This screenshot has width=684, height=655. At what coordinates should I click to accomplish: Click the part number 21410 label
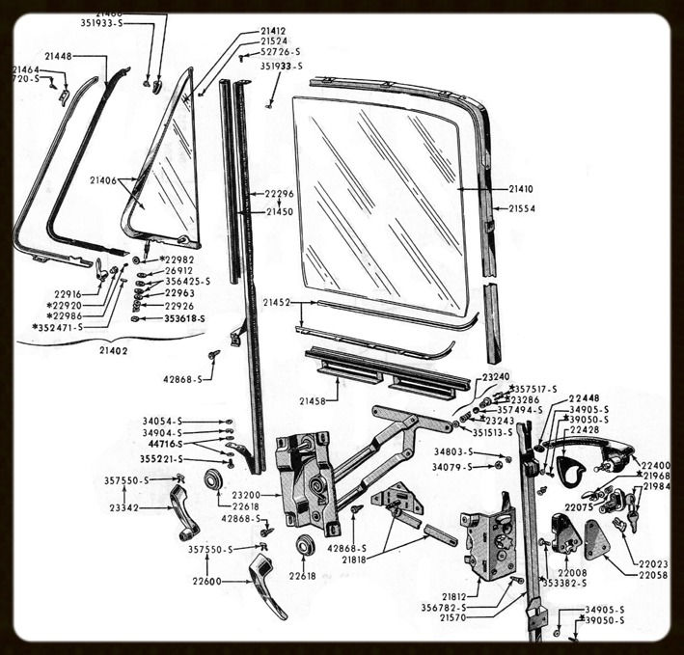tap(522, 190)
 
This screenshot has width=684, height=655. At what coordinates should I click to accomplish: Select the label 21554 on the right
tap(522, 208)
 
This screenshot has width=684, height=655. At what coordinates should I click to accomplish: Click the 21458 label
tap(313, 399)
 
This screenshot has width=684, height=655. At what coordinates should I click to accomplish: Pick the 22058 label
tap(653, 575)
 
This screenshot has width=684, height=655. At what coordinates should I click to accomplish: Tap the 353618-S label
tap(186, 317)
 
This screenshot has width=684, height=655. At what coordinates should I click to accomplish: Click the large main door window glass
tap(381, 203)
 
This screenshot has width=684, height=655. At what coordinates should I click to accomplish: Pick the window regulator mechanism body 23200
tap(307, 482)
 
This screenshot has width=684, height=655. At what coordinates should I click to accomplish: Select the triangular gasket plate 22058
tap(596, 540)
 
